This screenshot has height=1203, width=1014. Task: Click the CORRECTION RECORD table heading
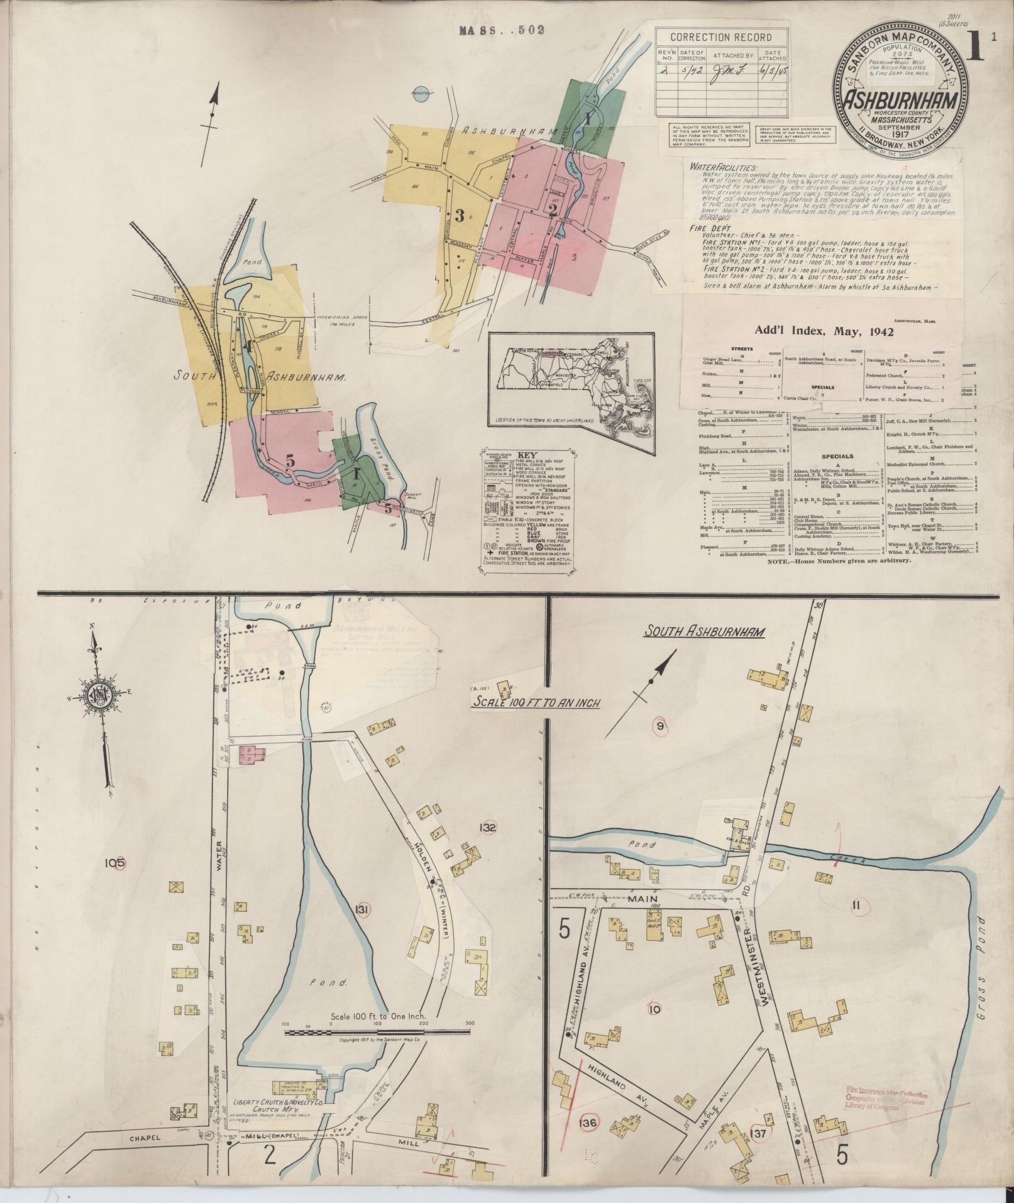[x=722, y=37]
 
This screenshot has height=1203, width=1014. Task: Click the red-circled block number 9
[x=659, y=726]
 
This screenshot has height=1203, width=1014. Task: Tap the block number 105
[x=116, y=862]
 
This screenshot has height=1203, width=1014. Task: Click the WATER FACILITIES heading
[x=724, y=167]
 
